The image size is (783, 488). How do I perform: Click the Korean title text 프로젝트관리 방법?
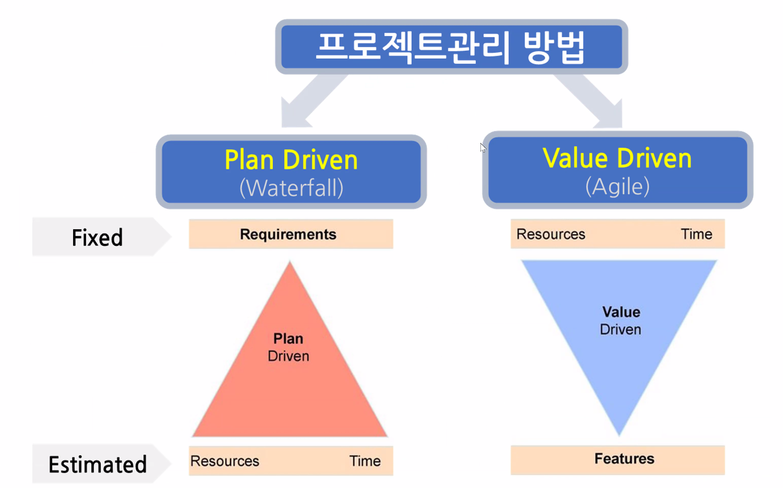click(451, 47)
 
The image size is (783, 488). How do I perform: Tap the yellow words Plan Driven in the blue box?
click(291, 160)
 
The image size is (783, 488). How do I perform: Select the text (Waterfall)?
click(291, 188)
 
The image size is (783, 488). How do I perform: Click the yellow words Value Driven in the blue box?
click(617, 158)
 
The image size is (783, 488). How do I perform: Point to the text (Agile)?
click(618, 186)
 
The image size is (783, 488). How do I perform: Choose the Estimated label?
click(97, 464)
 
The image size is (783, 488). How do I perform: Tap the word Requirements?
click(288, 234)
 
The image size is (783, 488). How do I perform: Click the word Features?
click(624, 459)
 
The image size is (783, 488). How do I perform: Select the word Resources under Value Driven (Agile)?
click(551, 234)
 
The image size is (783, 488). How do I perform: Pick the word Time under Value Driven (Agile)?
click(697, 234)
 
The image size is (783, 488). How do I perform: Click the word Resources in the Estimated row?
click(225, 461)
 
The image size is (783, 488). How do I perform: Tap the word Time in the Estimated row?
click(365, 461)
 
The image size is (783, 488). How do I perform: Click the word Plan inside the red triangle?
click(289, 339)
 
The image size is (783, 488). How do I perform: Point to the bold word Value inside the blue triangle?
click(621, 312)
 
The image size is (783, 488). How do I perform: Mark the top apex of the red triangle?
click(290, 261)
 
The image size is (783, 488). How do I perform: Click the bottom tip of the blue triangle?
click(619, 436)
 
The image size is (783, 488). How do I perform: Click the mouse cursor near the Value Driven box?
click(483, 147)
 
